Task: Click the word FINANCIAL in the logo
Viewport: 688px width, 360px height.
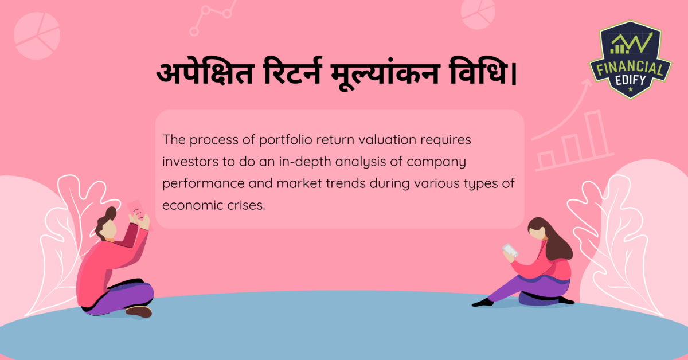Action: pos(630,69)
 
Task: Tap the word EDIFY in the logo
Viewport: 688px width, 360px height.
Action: pos(631,82)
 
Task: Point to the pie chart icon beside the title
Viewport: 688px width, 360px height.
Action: pos(37,36)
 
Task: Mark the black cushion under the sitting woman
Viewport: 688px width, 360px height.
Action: pos(539,299)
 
